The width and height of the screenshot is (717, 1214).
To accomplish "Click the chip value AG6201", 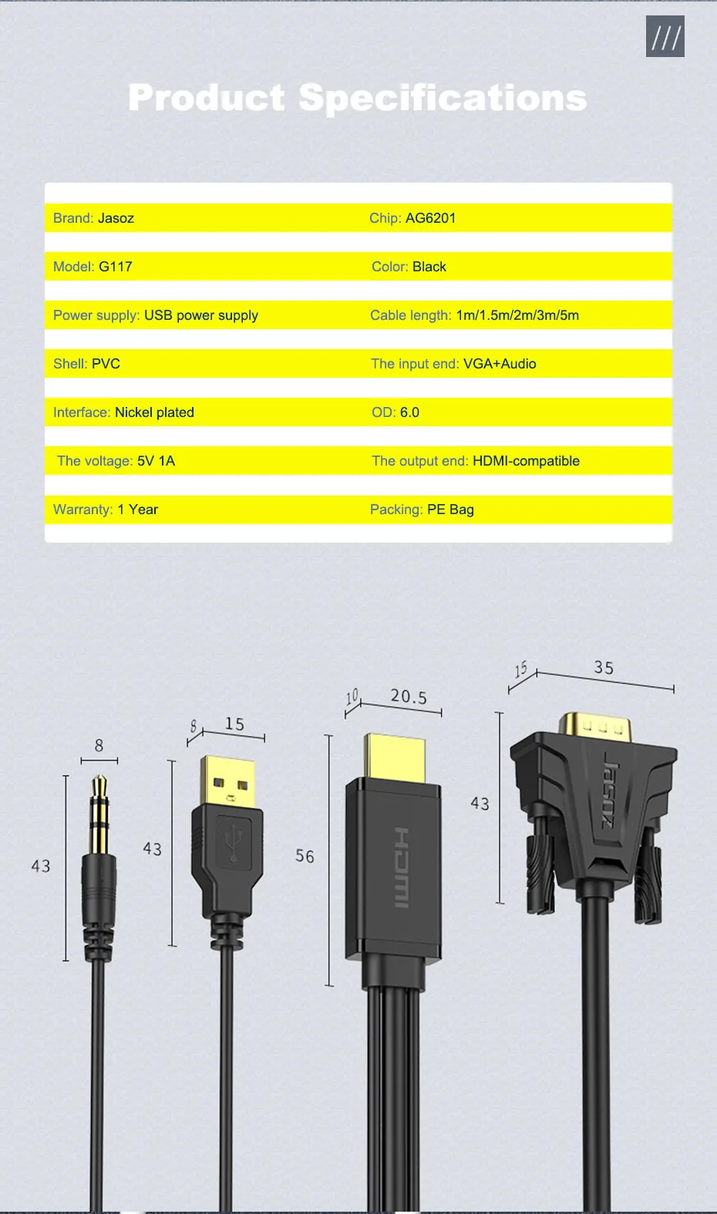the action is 430,218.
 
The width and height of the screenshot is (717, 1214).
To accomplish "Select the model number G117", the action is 116,267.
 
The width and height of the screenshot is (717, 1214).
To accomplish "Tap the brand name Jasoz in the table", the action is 116,218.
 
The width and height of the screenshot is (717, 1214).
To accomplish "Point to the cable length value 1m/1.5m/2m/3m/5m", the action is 517,315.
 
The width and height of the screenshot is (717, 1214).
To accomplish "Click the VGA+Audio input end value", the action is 500,364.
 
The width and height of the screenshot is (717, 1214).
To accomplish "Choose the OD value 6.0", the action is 409,412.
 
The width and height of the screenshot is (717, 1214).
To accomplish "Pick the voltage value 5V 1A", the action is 156,461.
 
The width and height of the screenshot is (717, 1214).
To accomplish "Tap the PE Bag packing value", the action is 450,509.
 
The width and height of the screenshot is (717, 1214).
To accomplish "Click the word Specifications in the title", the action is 443,98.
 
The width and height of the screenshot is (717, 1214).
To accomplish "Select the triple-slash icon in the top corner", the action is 665,37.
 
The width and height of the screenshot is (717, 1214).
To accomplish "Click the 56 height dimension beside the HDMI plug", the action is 305,856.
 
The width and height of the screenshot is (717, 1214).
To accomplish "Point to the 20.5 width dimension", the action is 409,697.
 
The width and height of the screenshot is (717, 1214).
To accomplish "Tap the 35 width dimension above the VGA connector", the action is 604,668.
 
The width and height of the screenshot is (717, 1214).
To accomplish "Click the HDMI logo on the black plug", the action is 402,867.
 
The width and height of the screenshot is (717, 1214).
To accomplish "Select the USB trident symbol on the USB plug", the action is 232,844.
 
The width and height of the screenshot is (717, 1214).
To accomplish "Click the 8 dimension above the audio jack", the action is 99,745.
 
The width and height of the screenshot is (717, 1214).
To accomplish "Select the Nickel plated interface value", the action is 154,412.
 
